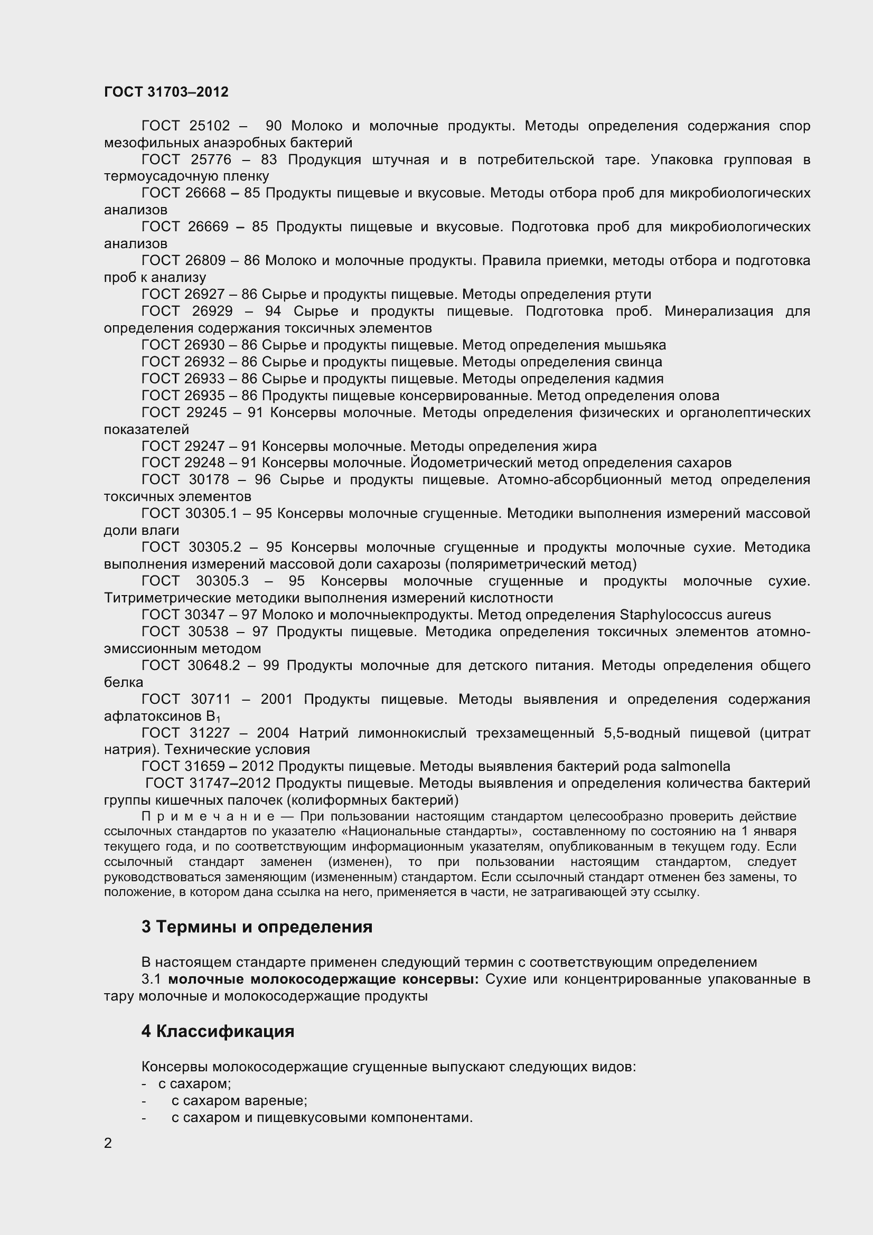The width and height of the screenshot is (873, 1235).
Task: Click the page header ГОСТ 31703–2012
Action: pos(166,92)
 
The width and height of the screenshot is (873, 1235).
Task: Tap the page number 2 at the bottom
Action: pos(108,1143)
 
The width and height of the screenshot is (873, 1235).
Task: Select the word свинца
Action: pos(639,362)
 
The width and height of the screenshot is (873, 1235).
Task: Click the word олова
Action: pos(699,396)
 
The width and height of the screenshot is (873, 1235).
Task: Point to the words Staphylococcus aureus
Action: pos(695,615)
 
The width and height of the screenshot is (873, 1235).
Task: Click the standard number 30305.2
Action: pos(214,548)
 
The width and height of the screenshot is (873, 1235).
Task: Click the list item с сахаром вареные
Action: pos(239,1101)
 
